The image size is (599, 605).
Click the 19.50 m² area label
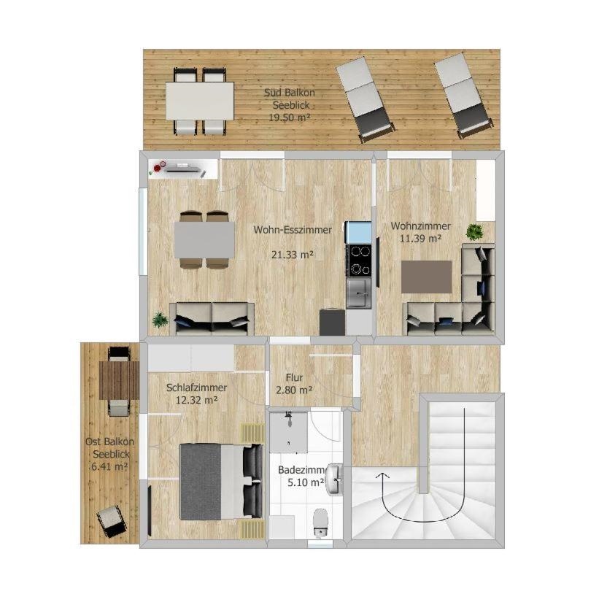(289, 117)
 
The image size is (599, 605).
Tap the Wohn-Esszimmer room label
(293, 230)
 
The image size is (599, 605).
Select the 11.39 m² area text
(420, 239)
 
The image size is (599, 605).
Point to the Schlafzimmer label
(196, 388)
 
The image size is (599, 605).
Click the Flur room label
(294, 377)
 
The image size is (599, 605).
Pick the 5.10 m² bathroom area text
(306, 482)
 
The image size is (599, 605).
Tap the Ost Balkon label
(109, 442)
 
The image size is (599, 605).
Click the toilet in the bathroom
(320, 522)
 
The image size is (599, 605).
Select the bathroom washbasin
(334, 479)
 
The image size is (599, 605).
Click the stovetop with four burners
(359, 260)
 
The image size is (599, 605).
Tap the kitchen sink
(359, 293)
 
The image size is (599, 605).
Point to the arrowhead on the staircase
(382, 476)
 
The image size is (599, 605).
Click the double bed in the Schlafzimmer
(221, 482)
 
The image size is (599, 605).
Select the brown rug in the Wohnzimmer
(427, 277)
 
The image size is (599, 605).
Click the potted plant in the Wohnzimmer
(474, 232)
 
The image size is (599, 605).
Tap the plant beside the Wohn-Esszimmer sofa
(160, 320)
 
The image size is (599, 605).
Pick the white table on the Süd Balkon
(200, 101)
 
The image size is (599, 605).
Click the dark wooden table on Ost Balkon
(119, 380)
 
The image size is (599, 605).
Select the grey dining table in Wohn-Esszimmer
(204, 239)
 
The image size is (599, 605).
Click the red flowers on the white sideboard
(158, 168)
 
